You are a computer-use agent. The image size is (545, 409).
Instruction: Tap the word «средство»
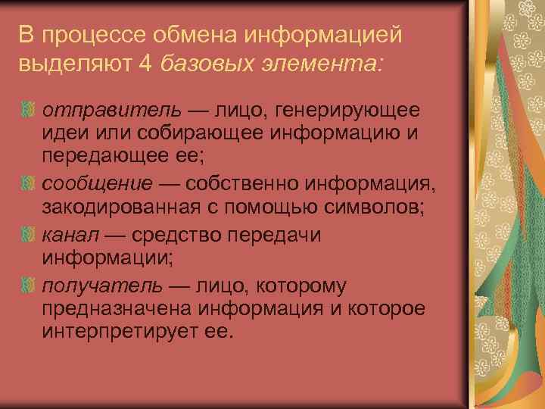point(176,235)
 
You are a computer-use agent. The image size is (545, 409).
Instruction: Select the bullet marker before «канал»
point(30,236)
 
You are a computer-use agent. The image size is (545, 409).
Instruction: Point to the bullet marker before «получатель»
point(30,286)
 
